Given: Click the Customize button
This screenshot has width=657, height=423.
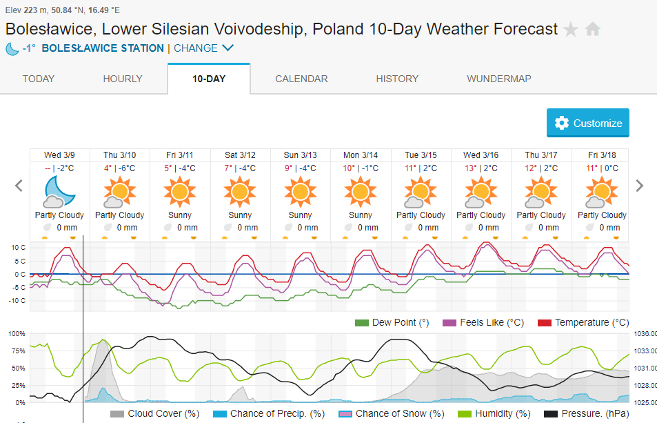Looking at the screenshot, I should [x=588, y=123].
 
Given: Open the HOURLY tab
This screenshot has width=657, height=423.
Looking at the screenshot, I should [x=123, y=79].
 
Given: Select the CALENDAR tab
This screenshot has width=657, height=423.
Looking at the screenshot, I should [x=301, y=79].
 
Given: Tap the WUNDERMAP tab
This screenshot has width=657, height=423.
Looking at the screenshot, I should [x=498, y=79].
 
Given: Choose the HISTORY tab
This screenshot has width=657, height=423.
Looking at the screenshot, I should [x=397, y=79].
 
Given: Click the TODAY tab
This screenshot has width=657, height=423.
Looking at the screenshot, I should [x=39, y=79].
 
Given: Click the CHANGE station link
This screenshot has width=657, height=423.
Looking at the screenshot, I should [x=203, y=48].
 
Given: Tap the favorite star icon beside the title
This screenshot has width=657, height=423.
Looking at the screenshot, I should [x=571, y=30].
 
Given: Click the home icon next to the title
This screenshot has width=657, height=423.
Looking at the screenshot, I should [x=593, y=30].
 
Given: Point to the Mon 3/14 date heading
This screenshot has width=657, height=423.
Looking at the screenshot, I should [x=361, y=155].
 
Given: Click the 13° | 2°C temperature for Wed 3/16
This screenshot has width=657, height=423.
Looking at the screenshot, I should [x=481, y=168].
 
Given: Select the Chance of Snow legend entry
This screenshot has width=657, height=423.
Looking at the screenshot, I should [x=392, y=413].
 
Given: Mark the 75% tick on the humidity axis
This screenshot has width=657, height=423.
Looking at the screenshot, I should [x=17, y=351].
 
